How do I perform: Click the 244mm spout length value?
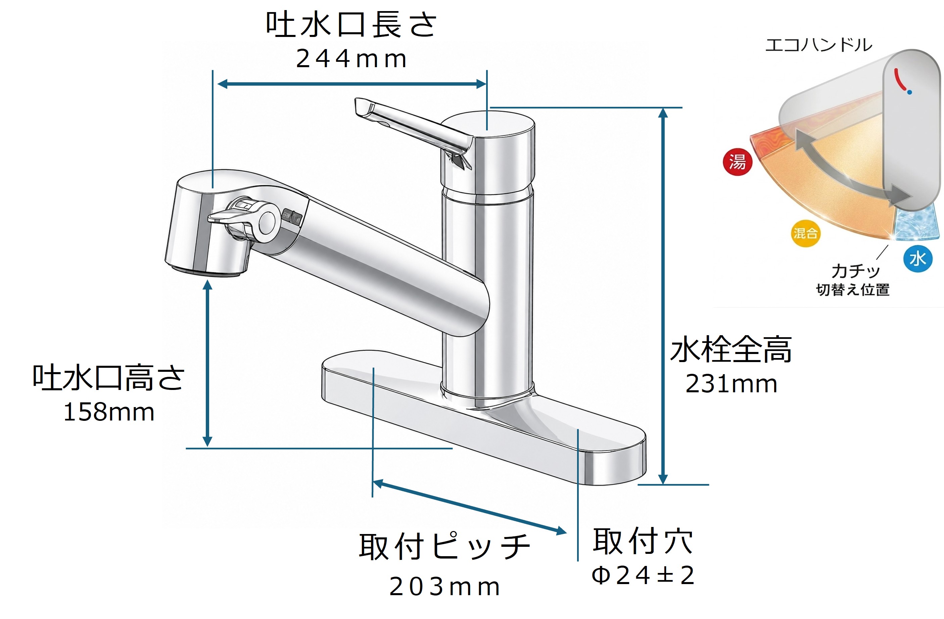(x=351, y=59)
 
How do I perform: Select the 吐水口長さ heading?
(x=351, y=25)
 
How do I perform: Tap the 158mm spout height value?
(x=109, y=412)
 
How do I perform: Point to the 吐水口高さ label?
(x=108, y=378)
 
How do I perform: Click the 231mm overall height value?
(x=731, y=384)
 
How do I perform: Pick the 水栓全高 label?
(x=731, y=350)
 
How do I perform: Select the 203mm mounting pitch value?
(x=444, y=586)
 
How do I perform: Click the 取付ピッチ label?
(x=444, y=547)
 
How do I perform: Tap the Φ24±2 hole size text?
(x=643, y=575)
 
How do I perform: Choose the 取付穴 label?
(x=643, y=540)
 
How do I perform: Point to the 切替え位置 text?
(x=853, y=290)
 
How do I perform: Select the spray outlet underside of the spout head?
(x=206, y=271)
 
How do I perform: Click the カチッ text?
(x=856, y=271)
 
